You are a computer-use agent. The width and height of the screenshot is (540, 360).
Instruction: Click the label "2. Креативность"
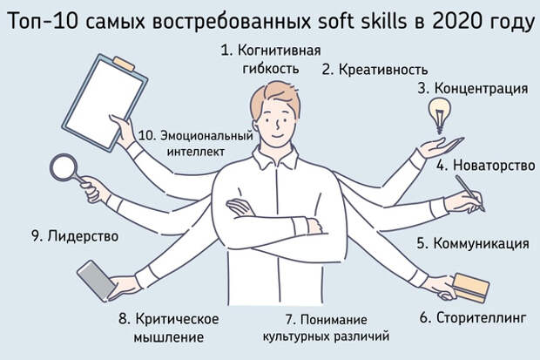(x=375, y=70)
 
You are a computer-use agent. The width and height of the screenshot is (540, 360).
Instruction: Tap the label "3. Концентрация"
(x=473, y=89)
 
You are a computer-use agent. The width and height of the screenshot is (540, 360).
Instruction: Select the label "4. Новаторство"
(x=486, y=165)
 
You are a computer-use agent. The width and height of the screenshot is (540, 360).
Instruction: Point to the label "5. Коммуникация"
(x=473, y=243)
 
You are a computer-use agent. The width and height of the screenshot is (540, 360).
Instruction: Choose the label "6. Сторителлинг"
(x=473, y=317)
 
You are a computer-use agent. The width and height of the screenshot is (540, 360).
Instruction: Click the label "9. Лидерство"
(x=75, y=236)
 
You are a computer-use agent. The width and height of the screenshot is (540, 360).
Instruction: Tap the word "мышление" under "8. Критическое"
(x=168, y=337)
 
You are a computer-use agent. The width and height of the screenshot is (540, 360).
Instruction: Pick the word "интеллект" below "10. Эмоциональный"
(x=196, y=152)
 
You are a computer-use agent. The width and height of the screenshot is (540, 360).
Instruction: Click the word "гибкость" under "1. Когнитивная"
(x=271, y=69)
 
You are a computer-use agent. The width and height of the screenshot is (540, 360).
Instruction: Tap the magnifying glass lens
(x=64, y=167)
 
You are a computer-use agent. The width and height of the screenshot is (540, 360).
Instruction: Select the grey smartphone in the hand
(x=96, y=281)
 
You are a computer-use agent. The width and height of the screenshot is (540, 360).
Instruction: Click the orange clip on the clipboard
(x=124, y=64)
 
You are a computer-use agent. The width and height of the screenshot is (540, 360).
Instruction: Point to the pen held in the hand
(x=469, y=194)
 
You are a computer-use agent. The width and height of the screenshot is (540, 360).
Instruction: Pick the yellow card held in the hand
(x=470, y=288)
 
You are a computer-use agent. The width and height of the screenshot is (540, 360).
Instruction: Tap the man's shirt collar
(x=275, y=158)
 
